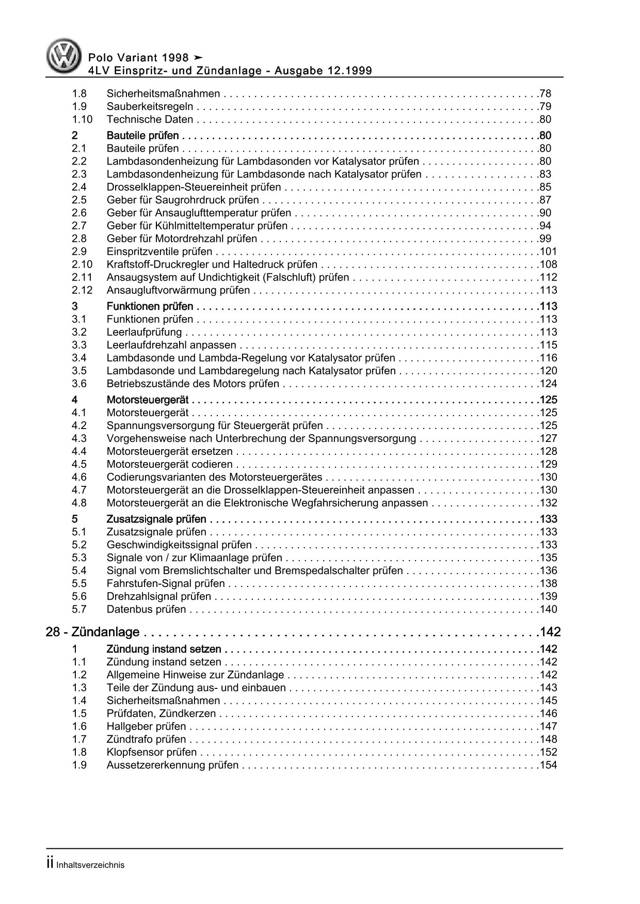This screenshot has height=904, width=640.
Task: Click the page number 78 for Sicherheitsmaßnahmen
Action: coord(545,94)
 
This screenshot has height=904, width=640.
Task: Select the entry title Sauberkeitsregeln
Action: coord(150,107)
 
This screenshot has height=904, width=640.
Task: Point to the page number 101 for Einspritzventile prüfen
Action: coord(547,252)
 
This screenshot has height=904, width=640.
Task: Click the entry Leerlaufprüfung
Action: coord(144,332)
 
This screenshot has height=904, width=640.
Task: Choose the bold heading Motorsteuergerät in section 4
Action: coord(148,400)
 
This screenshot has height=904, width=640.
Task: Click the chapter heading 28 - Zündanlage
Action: coord(93,632)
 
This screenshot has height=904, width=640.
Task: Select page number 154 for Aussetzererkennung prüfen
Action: coord(547,765)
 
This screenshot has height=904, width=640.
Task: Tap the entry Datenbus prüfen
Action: coord(146,610)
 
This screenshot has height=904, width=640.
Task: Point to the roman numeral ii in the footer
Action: coord(50,864)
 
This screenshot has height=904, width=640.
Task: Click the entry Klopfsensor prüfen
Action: coord(152,752)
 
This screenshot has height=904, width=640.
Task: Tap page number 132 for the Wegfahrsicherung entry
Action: coord(547,503)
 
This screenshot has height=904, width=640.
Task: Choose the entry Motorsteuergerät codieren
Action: coord(169,465)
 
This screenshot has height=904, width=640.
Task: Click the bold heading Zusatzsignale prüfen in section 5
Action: coord(156,519)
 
